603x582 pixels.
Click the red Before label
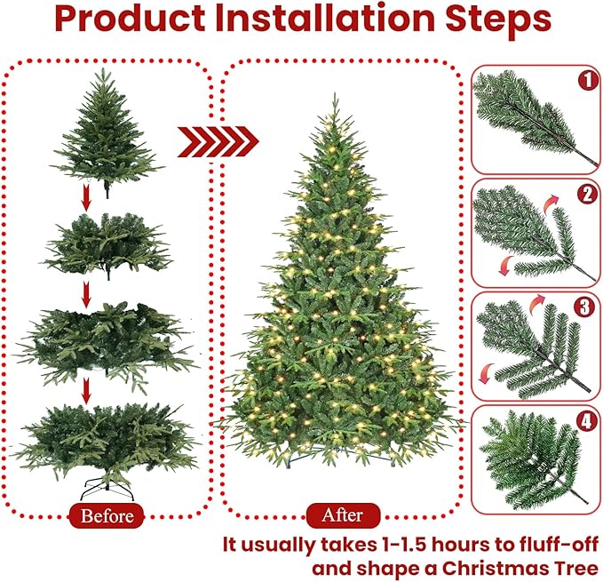coord(107,515)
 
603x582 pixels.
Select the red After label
coord(342,514)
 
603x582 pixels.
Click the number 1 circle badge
coord(585,81)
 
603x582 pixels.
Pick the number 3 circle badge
coord(585,307)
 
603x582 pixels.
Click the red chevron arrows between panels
coord(218,140)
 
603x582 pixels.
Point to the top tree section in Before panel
coord(107,129)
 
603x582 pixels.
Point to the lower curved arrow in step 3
coord(486,373)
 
